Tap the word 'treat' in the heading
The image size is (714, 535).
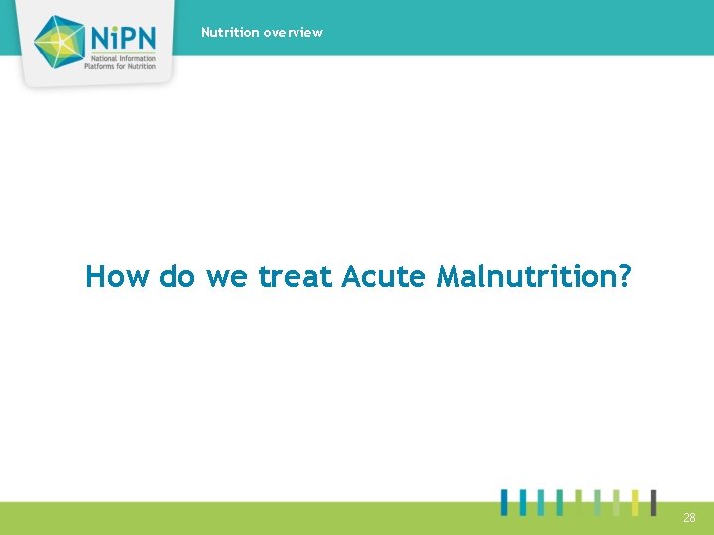tap(296, 276)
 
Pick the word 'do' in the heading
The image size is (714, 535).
tap(178, 276)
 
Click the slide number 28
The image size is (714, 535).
tap(689, 518)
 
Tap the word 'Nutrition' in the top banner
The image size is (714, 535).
tap(230, 32)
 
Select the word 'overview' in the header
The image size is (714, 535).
tap(294, 32)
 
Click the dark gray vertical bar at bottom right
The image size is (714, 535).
tap(653, 502)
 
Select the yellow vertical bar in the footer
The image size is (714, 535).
tap(635, 502)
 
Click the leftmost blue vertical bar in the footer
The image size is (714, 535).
tap(505, 502)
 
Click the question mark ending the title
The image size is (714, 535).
tap(623, 276)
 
